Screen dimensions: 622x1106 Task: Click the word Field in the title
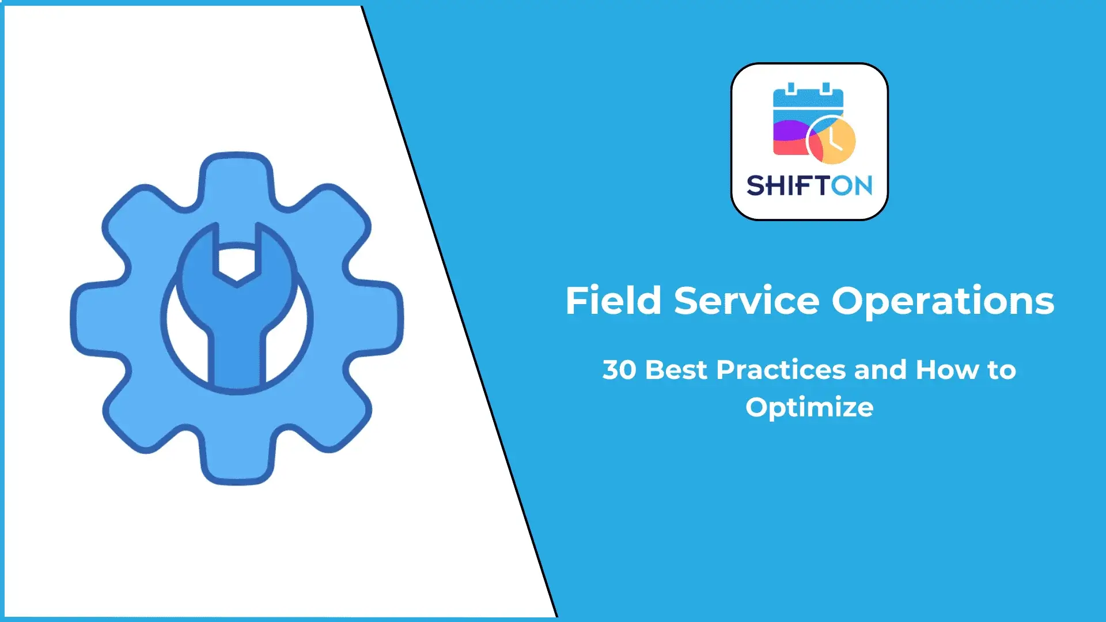613,301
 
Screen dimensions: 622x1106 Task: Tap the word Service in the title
747,301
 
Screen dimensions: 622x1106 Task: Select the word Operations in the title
943,302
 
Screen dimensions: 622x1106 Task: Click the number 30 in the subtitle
619,370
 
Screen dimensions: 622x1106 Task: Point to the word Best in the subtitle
676,370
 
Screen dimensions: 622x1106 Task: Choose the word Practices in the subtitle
781,370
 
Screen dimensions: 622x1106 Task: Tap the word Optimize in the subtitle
809,408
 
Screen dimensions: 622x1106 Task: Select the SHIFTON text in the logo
809,185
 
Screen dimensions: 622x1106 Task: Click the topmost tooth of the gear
237,173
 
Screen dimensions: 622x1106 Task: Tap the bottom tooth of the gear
237,464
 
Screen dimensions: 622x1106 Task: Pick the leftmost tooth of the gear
92,318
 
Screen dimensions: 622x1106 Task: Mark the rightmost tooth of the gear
381,318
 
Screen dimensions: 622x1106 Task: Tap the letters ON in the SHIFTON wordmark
852,185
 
